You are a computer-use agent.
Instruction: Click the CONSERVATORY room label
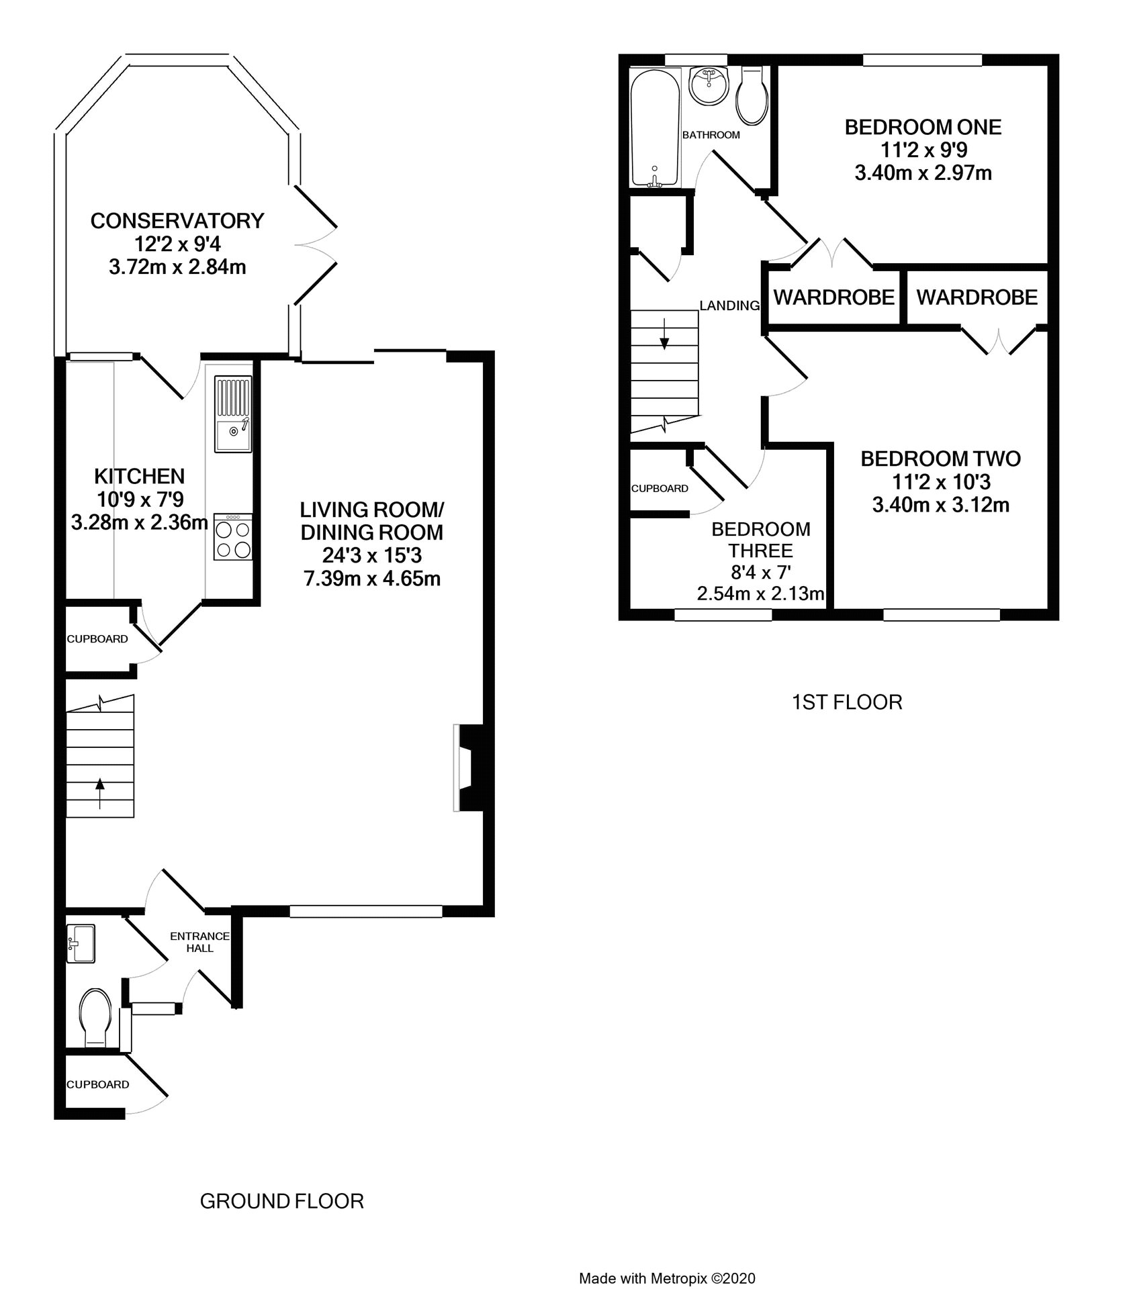177,220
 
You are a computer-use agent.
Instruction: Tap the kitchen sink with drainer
233,414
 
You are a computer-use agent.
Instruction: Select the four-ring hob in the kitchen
233,536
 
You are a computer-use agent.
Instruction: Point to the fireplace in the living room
473,767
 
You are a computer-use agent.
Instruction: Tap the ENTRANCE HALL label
199,942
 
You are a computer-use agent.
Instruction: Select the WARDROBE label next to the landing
833,297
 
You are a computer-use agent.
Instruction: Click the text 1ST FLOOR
847,702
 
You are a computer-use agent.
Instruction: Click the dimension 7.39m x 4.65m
373,578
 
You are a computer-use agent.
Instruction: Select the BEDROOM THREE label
761,540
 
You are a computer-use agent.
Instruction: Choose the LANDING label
729,305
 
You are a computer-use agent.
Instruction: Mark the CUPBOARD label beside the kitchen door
97,639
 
